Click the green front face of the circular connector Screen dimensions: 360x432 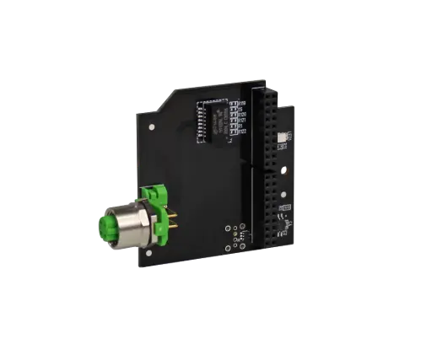click(x=109, y=228)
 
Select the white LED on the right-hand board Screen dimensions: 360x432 click(x=282, y=136)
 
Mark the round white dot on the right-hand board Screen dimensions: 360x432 click(x=282, y=193)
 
